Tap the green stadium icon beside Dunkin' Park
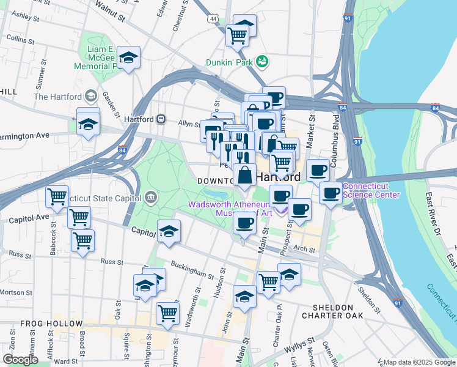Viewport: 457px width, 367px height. pyautogui.click(x=262, y=61)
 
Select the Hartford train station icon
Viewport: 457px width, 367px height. pyautogui.click(x=161, y=119)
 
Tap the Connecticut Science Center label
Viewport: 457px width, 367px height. pyautogui.click(x=371, y=191)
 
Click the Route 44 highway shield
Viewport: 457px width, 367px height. pyautogui.click(x=212, y=19)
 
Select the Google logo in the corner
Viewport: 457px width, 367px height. pyautogui.click(x=20, y=360)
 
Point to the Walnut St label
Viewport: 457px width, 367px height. pyautogui.click(x=111, y=12)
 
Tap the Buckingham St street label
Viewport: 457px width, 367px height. pyautogui.click(x=196, y=270)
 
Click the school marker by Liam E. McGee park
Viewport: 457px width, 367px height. pyautogui.click(x=128, y=58)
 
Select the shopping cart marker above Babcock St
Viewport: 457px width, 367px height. pyautogui.click(x=57, y=198)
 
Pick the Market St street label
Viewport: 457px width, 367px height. pyautogui.click(x=311, y=128)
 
